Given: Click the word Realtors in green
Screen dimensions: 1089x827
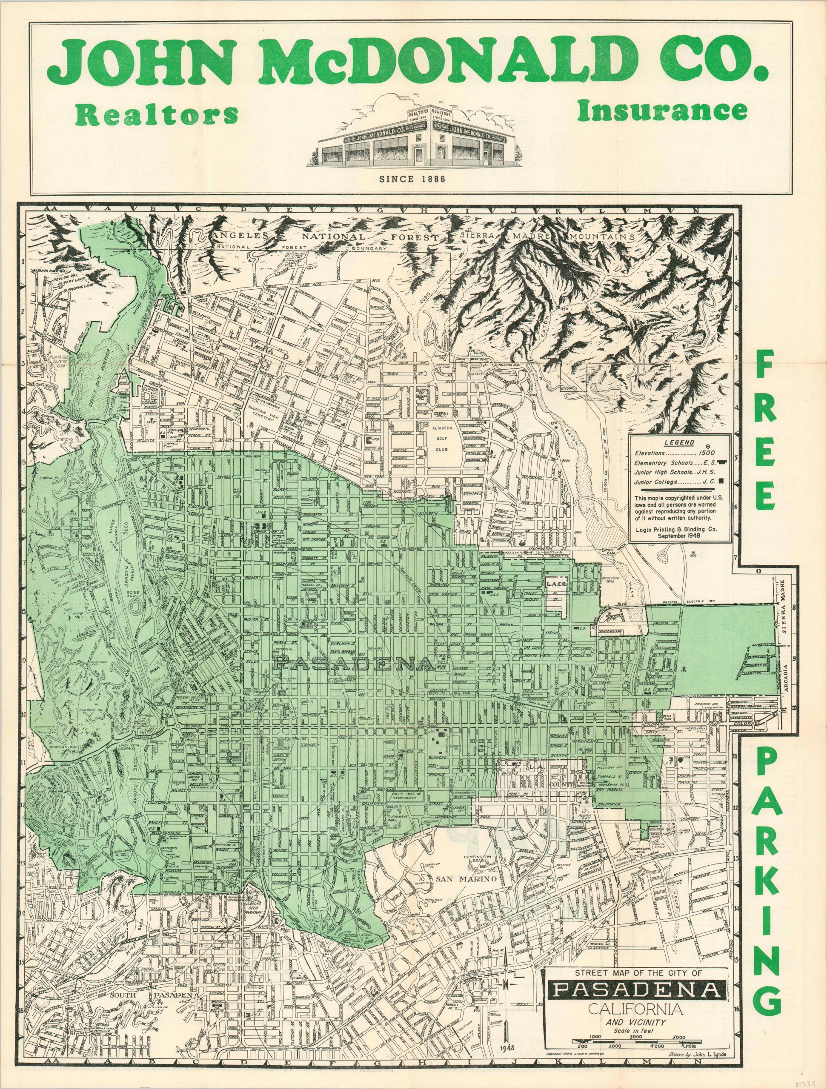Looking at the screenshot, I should pos(157,115).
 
